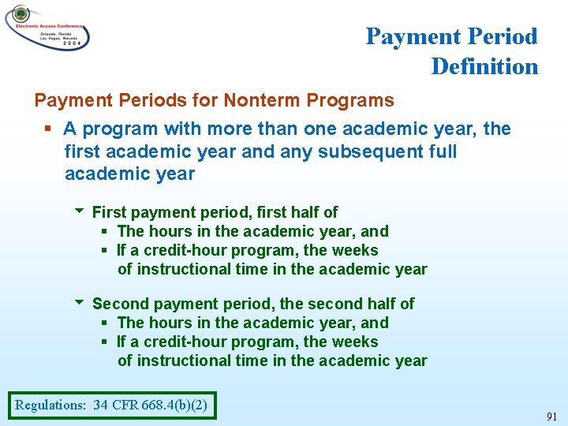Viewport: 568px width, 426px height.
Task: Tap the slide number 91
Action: (x=552, y=416)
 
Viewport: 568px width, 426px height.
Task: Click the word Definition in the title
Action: (x=484, y=66)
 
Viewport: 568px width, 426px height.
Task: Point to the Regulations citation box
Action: (x=110, y=405)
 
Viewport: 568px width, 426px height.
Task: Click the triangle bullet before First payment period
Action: (x=78, y=211)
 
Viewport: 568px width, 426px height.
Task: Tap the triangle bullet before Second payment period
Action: (x=78, y=303)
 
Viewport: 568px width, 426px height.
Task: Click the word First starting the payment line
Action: (x=109, y=212)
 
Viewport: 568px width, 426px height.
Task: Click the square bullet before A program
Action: (x=48, y=129)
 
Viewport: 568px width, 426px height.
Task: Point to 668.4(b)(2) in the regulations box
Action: (x=174, y=405)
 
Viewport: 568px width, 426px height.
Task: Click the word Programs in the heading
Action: (x=349, y=100)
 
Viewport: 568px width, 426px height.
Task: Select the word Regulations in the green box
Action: (x=50, y=405)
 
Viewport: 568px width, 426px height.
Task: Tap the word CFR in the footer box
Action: (x=125, y=405)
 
